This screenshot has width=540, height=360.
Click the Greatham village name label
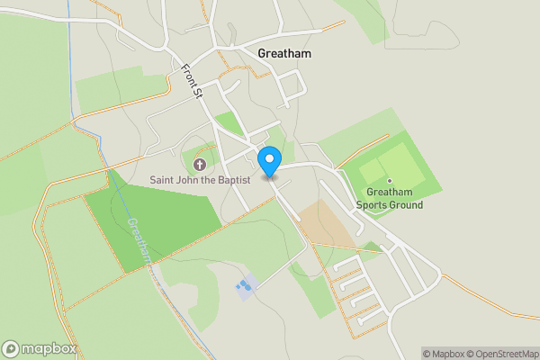(x=283, y=53)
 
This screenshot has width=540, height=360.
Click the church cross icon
(x=200, y=165)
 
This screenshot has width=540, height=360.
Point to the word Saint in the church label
(x=164, y=181)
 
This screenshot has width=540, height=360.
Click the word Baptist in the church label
(x=229, y=181)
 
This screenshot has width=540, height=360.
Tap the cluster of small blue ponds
(x=244, y=288)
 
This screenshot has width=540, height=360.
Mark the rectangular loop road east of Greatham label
(x=292, y=88)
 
